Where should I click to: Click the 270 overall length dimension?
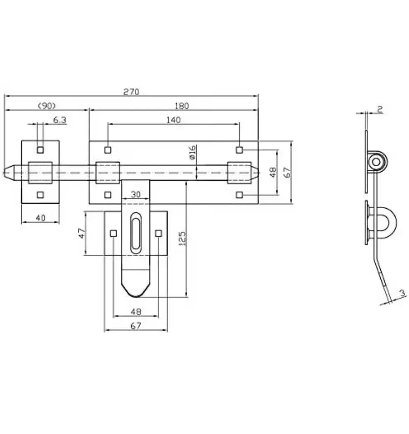[x=131, y=92]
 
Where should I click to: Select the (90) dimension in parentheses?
[x=47, y=106]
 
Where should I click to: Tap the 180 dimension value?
[x=182, y=106]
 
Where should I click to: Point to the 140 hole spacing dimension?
[x=174, y=120]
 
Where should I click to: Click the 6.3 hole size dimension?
[x=59, y=120]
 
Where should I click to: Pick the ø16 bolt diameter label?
[x=192, y=152]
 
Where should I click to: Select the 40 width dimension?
[x=41, y=218]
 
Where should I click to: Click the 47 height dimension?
[x=82, y=233]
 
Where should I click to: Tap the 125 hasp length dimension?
[x=182, y=239]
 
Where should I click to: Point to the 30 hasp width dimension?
[x=135, y=194]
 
